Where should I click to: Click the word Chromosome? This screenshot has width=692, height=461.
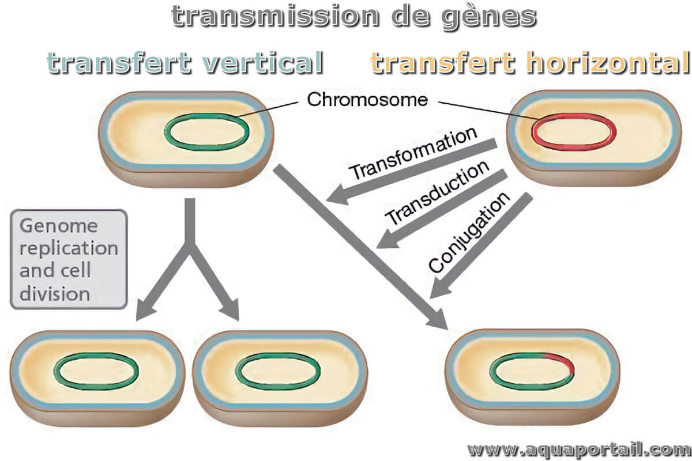367,100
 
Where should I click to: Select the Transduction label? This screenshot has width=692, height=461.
437,192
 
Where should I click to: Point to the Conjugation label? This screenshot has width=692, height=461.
469,232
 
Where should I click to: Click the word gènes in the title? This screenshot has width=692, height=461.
489,17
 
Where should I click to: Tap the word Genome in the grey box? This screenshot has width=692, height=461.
59,226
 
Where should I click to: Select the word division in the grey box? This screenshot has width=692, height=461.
55,294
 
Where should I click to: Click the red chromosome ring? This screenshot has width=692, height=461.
574,115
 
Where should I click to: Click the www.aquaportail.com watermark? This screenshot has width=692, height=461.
579,450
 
